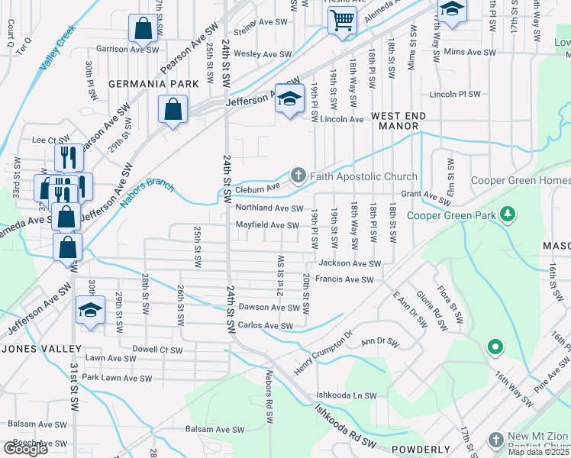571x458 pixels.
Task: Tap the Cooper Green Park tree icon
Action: [x=505, y=215]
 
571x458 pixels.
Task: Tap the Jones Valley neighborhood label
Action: [x=42, y=349]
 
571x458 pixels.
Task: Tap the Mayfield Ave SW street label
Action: [x=267, y=225]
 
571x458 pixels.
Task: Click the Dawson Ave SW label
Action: [x=269, y=308]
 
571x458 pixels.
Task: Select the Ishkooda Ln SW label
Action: [x=347, y=395]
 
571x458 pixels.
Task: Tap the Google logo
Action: [x=25, y=449]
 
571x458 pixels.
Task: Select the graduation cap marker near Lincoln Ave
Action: [x=289, y=100]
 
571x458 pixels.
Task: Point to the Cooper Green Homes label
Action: [x=521, y=180]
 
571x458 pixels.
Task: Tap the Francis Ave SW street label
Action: [x=344, y=280]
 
